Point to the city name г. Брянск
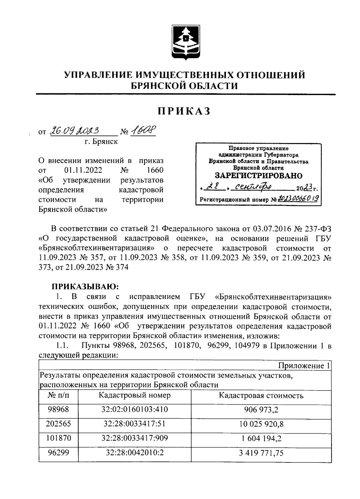101,142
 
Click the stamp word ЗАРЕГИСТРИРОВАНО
259,175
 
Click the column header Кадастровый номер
134,395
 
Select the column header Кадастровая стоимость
261,396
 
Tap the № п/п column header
58,395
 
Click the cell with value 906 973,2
261,410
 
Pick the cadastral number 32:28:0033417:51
134,424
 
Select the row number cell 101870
58,438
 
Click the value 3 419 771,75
261,453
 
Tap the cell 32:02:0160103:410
134,409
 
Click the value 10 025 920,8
261,424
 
